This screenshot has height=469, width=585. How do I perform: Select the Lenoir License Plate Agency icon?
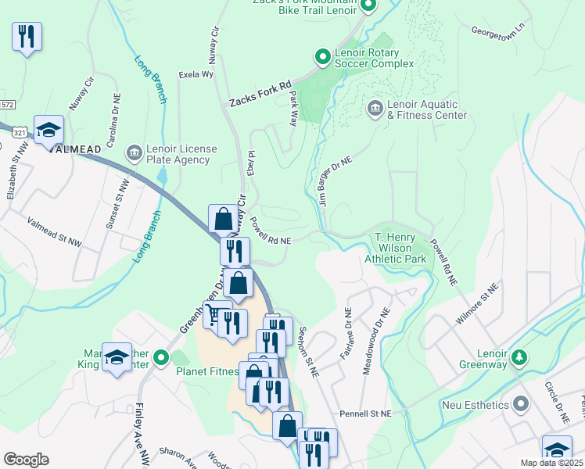[x=135, y=151]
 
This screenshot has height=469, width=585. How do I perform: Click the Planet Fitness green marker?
[x=161, y=359]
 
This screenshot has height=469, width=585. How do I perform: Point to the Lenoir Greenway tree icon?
[x=517, y=357]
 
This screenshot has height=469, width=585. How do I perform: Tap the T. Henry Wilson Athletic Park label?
[x=400, y=246]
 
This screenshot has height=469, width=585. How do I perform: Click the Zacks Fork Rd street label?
[x=260, y=93]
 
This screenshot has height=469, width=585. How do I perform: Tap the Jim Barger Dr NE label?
[x=336, y=181]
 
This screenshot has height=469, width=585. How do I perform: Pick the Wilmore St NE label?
[x=479, y=304]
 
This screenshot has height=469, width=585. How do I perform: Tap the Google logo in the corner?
[x=26, y=460]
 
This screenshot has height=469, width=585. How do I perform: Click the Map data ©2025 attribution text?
[x=551, y=463]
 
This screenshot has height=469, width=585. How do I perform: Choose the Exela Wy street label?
[x=196, y=75]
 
